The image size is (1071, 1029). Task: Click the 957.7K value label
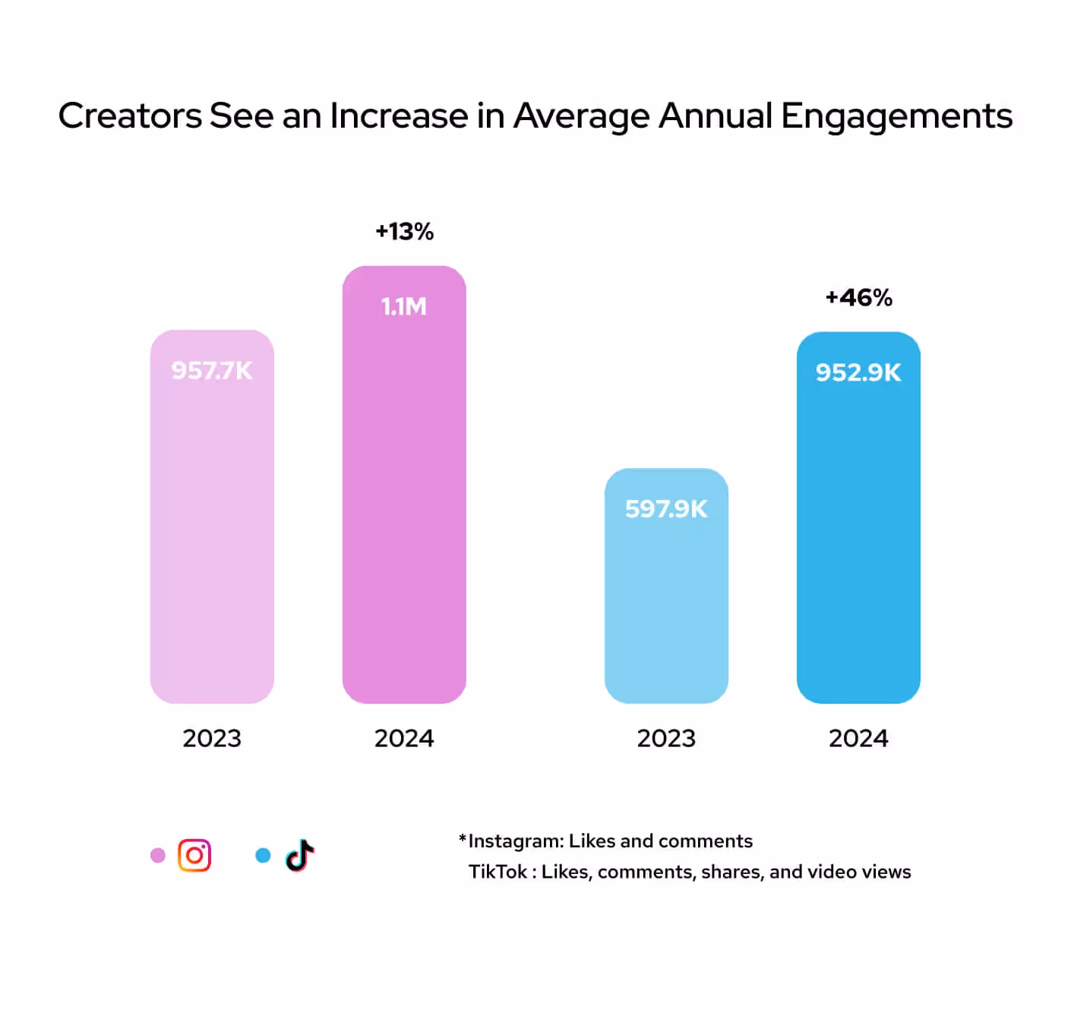point(211,370)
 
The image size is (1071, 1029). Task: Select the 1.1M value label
point(403,306)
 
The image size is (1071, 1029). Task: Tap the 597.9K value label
point(666,508)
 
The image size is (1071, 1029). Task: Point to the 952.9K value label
point(858,372)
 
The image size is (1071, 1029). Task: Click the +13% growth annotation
point(404,231)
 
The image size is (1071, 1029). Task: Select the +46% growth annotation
point(858,297)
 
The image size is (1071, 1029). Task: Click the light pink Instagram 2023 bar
point(212,532)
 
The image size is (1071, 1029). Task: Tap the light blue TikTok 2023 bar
point(666,600)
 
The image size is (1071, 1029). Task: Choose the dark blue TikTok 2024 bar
point(858,532)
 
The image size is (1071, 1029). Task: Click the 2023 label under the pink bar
point(212,738)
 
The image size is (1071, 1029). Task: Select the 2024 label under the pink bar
point(404,738)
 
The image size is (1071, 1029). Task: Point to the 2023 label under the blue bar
point(666,738)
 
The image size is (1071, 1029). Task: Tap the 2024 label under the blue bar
point(858,738)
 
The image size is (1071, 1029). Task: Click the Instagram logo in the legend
point(194,856)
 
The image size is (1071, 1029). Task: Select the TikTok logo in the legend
point(300,856)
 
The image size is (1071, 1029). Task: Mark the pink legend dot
point(158,856)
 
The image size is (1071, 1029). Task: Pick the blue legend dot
point(263,856)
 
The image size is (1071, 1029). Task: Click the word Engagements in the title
point(896,117)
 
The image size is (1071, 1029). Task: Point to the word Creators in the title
point(130,116)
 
